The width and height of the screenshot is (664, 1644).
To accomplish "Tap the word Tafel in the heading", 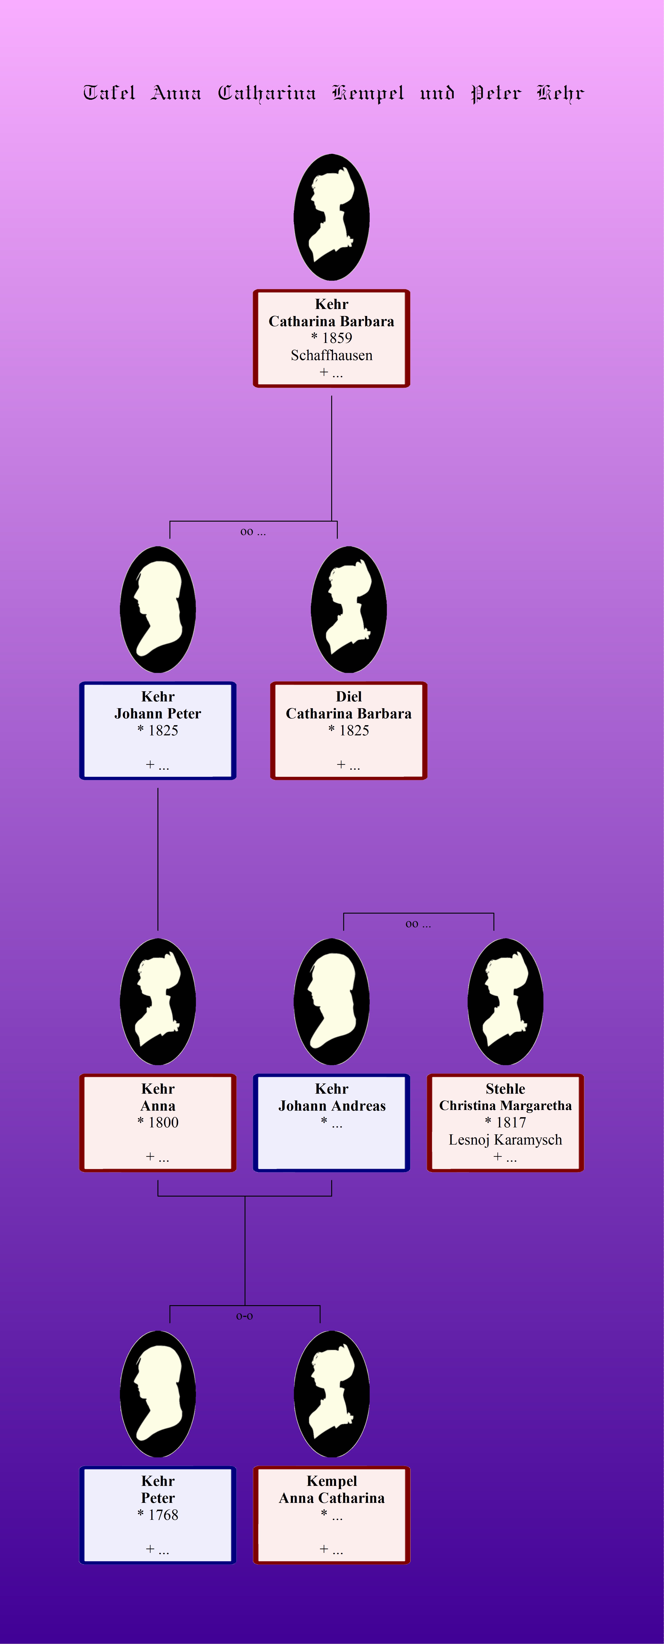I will (x=109, y=93).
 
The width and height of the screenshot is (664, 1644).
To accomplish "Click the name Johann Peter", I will (x=158, y=713).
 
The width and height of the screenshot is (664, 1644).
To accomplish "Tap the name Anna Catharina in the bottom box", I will (x=332, y=1498).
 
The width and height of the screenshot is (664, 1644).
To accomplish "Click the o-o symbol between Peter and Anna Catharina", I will (x=245, y=1316).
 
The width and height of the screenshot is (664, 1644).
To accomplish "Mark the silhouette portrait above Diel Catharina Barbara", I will (x=349, y=609).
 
